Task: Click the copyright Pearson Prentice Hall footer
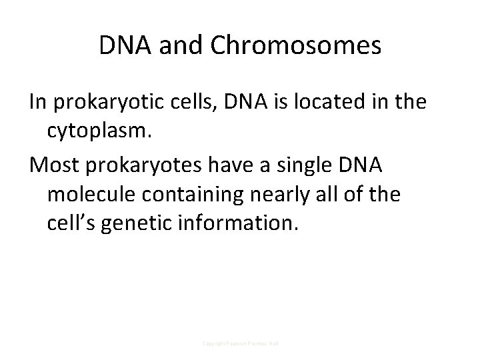point(240,343)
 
